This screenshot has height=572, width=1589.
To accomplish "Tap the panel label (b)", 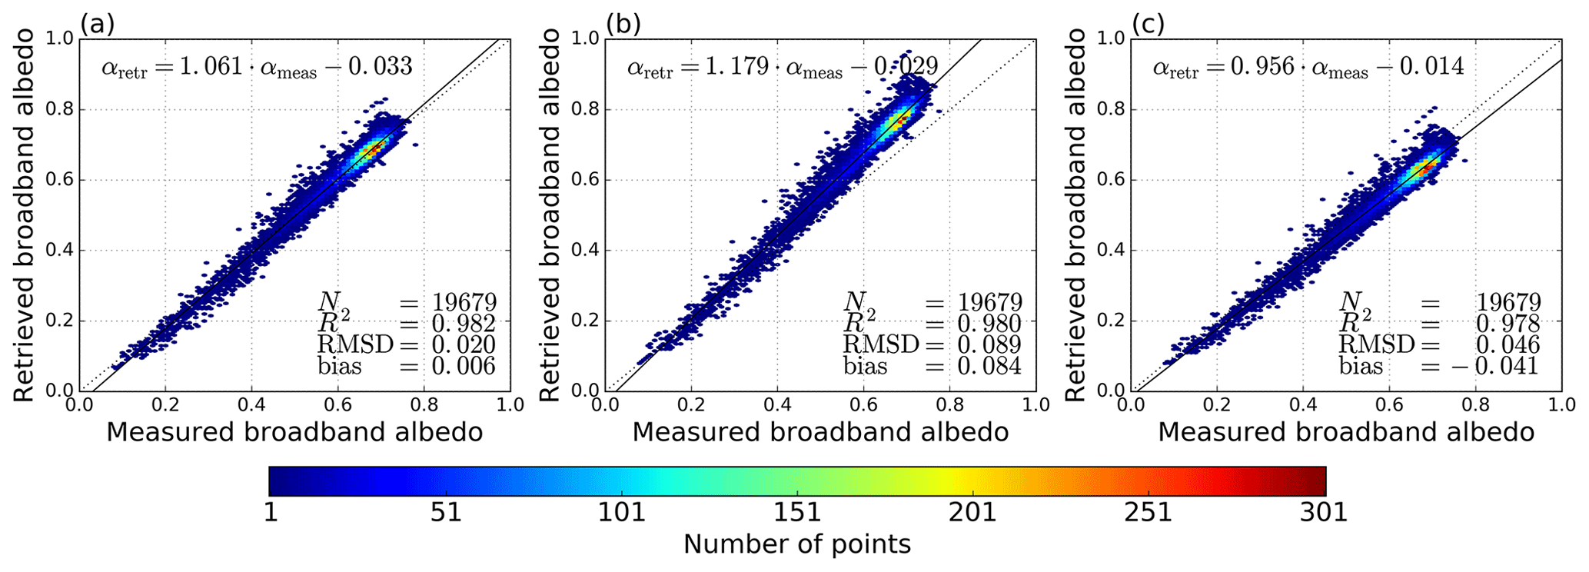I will coord(623,25).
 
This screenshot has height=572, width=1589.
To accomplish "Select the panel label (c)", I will coord(1148,25).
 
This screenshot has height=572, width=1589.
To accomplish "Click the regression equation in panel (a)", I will coord(257,68).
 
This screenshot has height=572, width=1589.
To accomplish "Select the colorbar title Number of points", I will coord(797,545).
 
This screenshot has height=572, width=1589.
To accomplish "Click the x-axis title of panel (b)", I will coord(820,433).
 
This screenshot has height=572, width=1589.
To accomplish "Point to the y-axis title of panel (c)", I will coord(1075,214).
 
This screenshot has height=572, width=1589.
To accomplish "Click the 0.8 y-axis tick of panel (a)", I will coord(63,109).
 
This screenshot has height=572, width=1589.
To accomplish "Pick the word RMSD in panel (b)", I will coord(881,345).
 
